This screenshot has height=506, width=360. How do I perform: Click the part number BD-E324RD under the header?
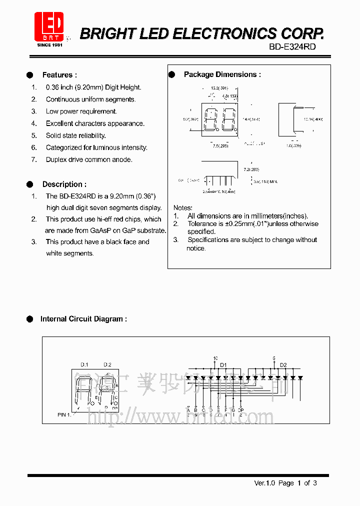tap(292, 46)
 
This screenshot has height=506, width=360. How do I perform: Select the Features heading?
tap(59, 75)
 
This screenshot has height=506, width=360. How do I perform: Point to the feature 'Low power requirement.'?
tap(81, 111)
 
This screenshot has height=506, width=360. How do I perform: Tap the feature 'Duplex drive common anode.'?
tap(89, 159)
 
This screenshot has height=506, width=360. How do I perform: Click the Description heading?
tap(64, 184)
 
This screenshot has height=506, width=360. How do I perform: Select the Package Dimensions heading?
tap(222, 74)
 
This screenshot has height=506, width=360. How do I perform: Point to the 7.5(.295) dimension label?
tap(220, 146)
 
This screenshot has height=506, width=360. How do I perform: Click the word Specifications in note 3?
tap(209, 240)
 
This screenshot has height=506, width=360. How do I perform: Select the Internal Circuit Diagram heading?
tap(83, 318)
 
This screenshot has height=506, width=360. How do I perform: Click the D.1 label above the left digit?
tap(84, 364)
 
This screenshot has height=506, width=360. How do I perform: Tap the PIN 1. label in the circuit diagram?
tap(65, 415)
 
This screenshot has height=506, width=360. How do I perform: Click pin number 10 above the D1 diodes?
tap(215, 358)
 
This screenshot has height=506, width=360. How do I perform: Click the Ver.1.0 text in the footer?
tap(265, 483)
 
